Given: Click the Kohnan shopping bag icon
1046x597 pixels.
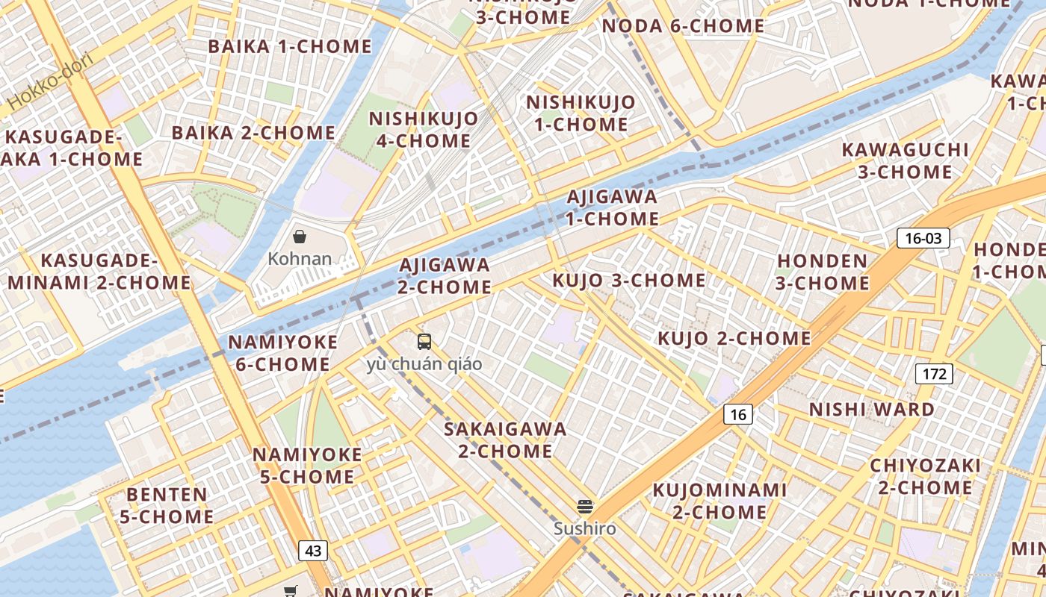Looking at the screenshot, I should [x=300, y=237].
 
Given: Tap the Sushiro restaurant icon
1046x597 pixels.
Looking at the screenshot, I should [x=585, y=507].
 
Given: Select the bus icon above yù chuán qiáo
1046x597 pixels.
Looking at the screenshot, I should [x=424, y=342].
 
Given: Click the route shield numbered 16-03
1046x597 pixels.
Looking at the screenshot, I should [x=923, y=238].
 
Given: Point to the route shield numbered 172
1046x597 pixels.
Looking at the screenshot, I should [x=934, y=373].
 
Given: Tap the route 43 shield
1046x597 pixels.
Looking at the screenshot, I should [x=313, y=551].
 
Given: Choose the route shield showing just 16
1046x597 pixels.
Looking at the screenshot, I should [x=737, y=414].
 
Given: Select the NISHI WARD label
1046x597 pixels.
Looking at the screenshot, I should [x=872, y=410].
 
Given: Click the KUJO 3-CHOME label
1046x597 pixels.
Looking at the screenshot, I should [x=628, y=281].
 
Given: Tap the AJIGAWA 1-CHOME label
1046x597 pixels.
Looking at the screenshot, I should [x=612, y=208].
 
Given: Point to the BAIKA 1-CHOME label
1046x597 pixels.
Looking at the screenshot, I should [x=290, y=46].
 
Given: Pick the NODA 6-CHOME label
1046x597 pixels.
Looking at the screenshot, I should [x=683, y=26].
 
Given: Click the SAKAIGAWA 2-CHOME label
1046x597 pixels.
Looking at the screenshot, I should [x=505, y=440].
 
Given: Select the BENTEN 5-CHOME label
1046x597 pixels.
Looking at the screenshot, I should [x=167, y=505].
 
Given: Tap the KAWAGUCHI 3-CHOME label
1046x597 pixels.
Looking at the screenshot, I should [x=905, y=160].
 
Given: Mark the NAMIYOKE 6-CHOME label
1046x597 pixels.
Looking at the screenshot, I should [x=282, y=354].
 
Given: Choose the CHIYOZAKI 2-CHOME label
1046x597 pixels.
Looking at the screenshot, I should [x=925, y=477].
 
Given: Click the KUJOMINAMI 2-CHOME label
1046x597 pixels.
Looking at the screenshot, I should [x=719, y=501].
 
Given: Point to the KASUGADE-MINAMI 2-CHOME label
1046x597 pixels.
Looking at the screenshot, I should [x=99, y=272].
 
